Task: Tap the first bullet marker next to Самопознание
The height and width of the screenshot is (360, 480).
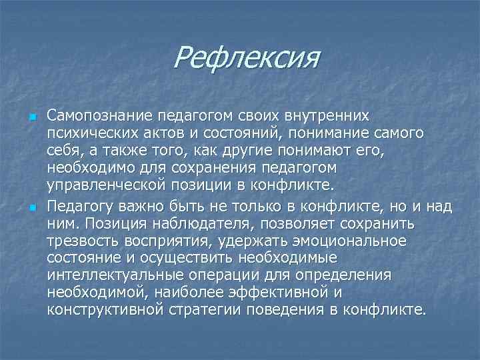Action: pos(31,118)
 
